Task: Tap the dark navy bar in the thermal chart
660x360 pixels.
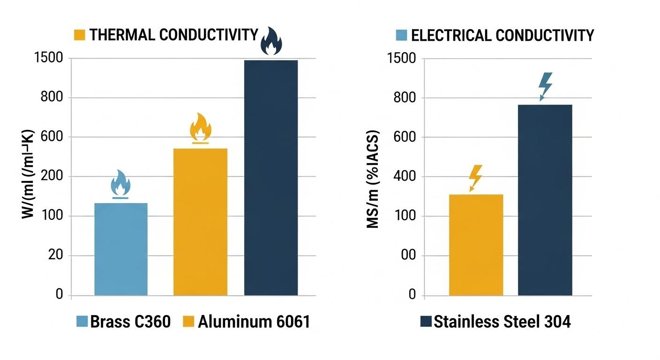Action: (x=271, y=178)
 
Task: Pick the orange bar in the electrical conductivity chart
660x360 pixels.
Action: (x=476, y=245)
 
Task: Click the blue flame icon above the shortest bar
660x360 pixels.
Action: (x=120, y=184)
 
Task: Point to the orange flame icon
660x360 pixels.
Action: (x=200, y=127)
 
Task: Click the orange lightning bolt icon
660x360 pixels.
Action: (x=475, y=178)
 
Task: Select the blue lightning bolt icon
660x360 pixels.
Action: (x=545, y=86)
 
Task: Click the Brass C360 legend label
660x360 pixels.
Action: (x=130, y=322)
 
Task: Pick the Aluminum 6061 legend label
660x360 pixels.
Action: (x=254, y=322)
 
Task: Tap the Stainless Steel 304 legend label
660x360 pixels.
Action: (x=502, y=322)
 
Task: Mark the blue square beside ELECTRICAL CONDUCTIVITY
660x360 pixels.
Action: (x=401, y=35)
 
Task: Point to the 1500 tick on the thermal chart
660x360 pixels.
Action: (x=49, y=59)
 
